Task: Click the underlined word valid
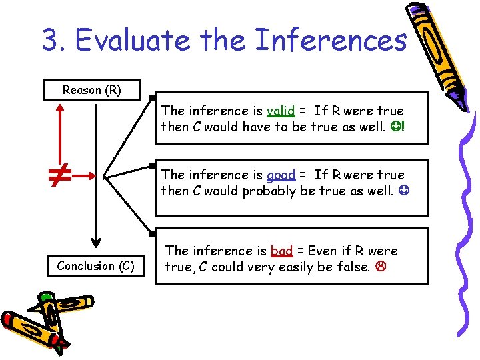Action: tap(280, 111)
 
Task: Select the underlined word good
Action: tap(281, 175)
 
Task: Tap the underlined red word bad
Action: tap(281, 251)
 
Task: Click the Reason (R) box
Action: tap(92, 89)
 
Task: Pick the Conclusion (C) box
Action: tap(95, 266)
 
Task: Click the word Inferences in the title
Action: tap(331, 40)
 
